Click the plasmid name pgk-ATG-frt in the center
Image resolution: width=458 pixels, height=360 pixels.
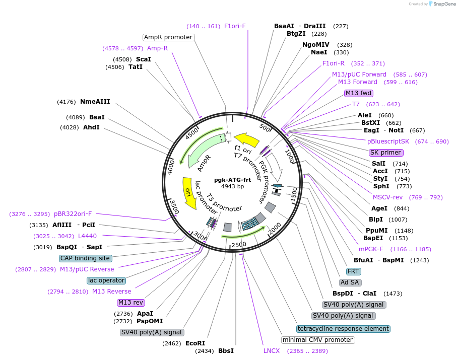pyautogui.click(x=232, y=180)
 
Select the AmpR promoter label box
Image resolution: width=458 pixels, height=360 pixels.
pyautogui.click(x=168, y=37)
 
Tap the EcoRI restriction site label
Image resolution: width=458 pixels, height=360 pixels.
pyautogui.click(x=195, y=343)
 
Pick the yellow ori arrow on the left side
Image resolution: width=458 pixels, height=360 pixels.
pyautogui.click(x=189, y=193)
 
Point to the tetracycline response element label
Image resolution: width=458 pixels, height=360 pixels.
pyautogui.click(x=343, y=329)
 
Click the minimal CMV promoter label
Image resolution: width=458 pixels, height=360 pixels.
pyautogui.click(x=317, y=340)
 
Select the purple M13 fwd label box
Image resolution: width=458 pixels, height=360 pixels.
pyautogui.click(x=358, y=93)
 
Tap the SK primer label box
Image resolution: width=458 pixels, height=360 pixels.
pyautogui.click(x=385, y=153)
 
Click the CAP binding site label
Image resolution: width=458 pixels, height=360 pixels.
pyautogui.click(x=85, y=258)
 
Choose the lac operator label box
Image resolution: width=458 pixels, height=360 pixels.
pyautogui.click(x=106, y=280)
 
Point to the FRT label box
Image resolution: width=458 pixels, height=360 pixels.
pyautogui.click(x=353, y=271)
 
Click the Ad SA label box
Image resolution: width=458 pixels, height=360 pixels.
pyautogui.click(x=351, y=282)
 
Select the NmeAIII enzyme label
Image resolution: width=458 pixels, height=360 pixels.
pyautogui.click(x=95, y=102)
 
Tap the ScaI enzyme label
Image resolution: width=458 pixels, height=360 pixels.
pyautogui.click(x=144, y=59)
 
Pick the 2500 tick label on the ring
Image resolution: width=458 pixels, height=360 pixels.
pyautogui.click(x=239, y=244)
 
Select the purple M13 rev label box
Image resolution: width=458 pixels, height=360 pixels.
pyautogui.click(x=131, y=303)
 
